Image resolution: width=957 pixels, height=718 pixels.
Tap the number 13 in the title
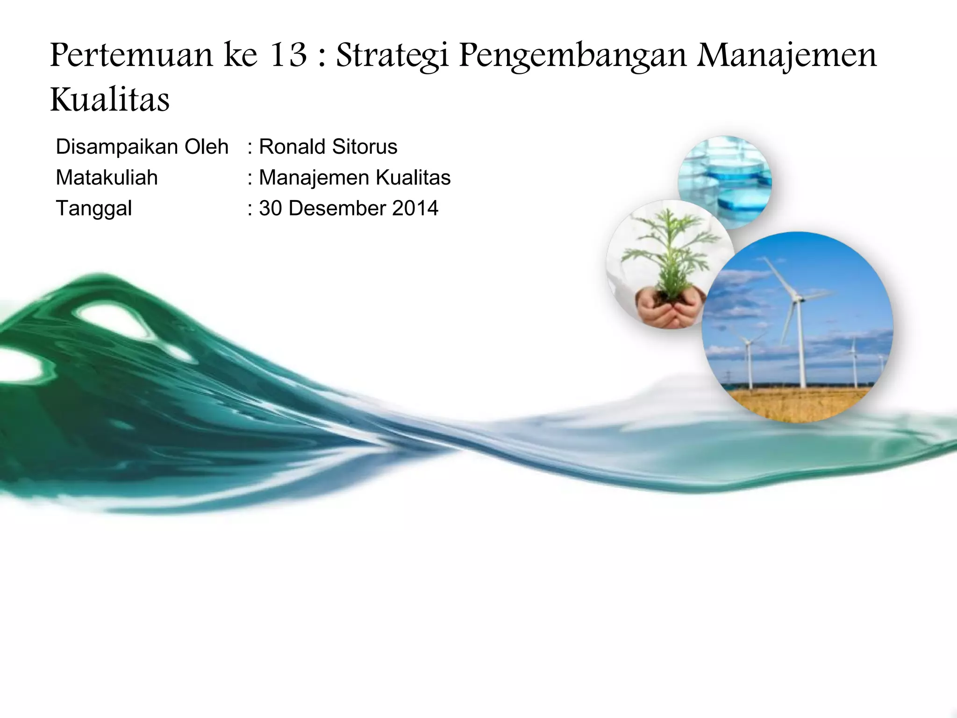point(288,55)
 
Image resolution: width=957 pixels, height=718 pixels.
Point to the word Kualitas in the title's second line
point(110,100)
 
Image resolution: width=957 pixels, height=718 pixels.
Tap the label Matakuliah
point(107,178)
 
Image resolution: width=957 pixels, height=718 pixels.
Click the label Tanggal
point(94,208)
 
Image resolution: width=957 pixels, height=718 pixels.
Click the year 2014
point(415,208)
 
